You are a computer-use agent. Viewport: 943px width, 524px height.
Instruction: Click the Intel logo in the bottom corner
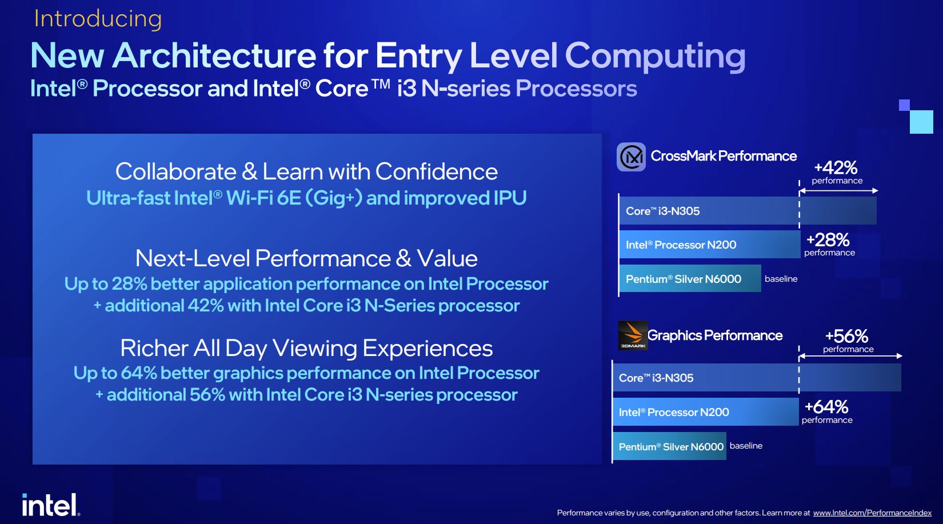click(51, 505)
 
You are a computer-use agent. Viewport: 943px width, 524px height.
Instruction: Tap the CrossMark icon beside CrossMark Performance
click(631, 157)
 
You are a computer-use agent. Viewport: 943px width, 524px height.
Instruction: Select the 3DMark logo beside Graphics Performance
click(633, 335)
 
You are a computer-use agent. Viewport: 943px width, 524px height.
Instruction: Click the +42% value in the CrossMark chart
click(836, 168)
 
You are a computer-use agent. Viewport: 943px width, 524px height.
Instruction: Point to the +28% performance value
click(828, 240)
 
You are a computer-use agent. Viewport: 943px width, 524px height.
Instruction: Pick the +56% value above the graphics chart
click(846, 337)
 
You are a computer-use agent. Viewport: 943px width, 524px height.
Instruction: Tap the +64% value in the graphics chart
click(826, 407)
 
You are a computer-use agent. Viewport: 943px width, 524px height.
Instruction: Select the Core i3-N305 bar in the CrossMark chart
click(748, 210)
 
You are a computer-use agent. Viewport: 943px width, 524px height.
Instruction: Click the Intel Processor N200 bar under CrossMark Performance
click(710, 244)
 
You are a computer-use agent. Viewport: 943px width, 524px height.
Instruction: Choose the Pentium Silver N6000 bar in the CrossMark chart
click(690, 278)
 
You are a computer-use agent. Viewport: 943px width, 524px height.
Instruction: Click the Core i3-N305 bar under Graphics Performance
click(757, 378)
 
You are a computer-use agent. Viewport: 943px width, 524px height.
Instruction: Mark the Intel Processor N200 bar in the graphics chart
click(706, 411)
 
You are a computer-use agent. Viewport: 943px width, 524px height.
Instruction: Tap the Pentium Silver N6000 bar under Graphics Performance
click(669, 446)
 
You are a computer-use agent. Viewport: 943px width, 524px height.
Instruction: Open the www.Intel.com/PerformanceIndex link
click(872, 513)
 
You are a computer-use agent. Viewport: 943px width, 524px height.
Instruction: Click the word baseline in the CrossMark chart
click(781, 279)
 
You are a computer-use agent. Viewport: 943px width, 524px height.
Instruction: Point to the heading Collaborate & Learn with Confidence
click(306, 171)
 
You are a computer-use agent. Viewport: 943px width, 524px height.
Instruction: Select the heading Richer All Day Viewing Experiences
click(306, 348)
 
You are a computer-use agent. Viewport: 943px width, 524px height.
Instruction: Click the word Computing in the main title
click(655, 56)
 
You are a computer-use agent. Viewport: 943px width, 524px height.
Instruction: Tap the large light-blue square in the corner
click(921, 122)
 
